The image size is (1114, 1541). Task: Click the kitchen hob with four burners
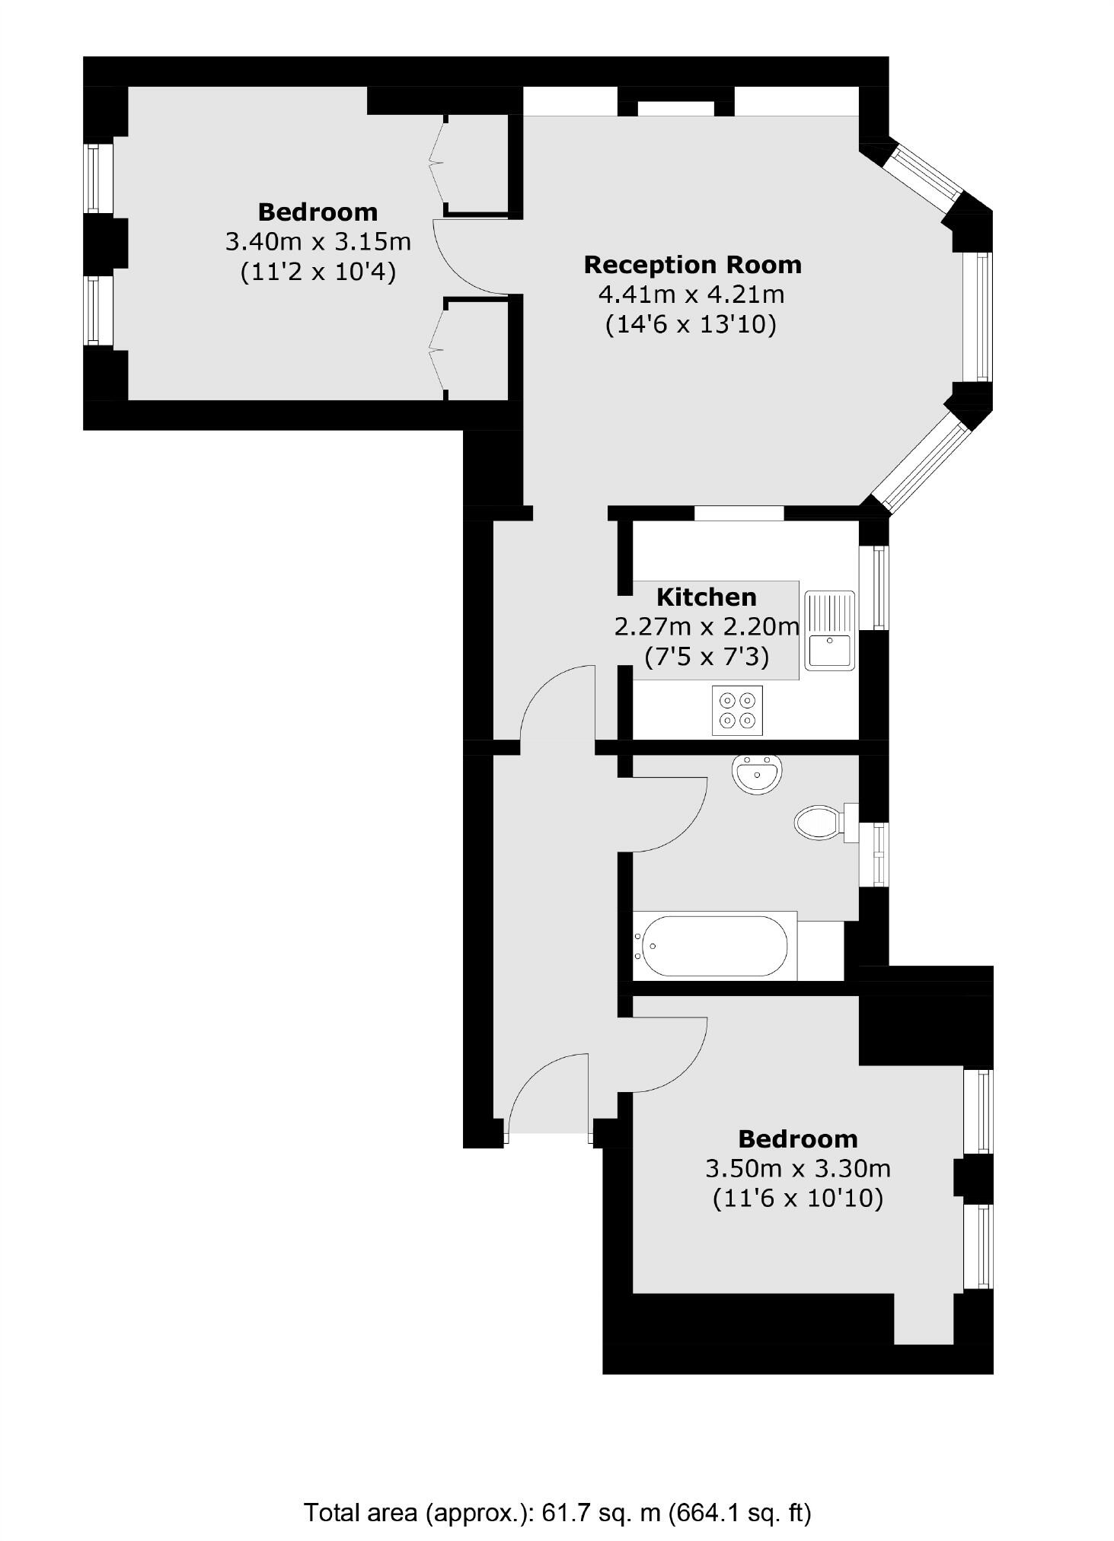(736, 710)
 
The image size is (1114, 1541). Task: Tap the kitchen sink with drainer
(831, 629)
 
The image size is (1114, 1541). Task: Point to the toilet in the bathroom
(826, 823)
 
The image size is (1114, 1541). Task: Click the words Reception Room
(692, 265)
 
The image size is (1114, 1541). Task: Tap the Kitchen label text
(706, 597)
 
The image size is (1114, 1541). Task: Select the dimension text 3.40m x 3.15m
(318, 242)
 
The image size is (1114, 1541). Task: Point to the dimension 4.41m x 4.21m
(691, 294)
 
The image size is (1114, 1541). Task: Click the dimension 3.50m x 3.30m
(798, 1167)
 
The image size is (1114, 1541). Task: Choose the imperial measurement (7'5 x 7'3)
(706, 656)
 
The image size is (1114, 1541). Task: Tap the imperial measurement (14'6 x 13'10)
(691, 325)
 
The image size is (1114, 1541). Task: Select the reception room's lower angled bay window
(922, 463)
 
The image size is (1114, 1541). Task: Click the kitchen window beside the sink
(880, 587)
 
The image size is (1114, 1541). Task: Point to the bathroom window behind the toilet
(880, 854)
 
